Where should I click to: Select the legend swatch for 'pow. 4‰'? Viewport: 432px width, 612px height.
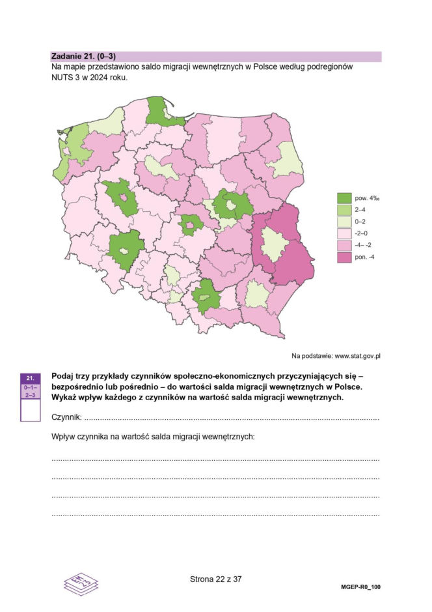point(344,198)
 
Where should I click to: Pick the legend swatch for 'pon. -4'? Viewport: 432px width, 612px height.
point(344,257)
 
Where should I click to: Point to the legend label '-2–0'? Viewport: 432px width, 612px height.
point(362,233)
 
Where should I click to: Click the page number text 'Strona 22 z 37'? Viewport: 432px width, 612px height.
point(215,579)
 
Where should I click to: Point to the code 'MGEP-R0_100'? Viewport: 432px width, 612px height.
point(360,587)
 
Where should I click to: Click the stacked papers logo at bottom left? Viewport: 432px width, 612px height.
point(80,582)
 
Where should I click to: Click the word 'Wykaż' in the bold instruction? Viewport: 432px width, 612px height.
point(64,398)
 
